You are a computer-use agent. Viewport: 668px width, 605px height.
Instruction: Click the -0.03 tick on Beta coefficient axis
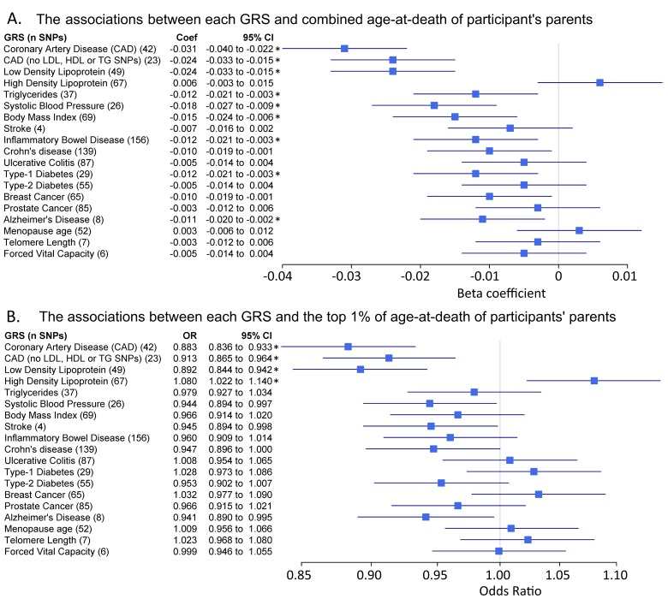point(348,276)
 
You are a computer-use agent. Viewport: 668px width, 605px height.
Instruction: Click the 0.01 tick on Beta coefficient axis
point(628,276)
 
